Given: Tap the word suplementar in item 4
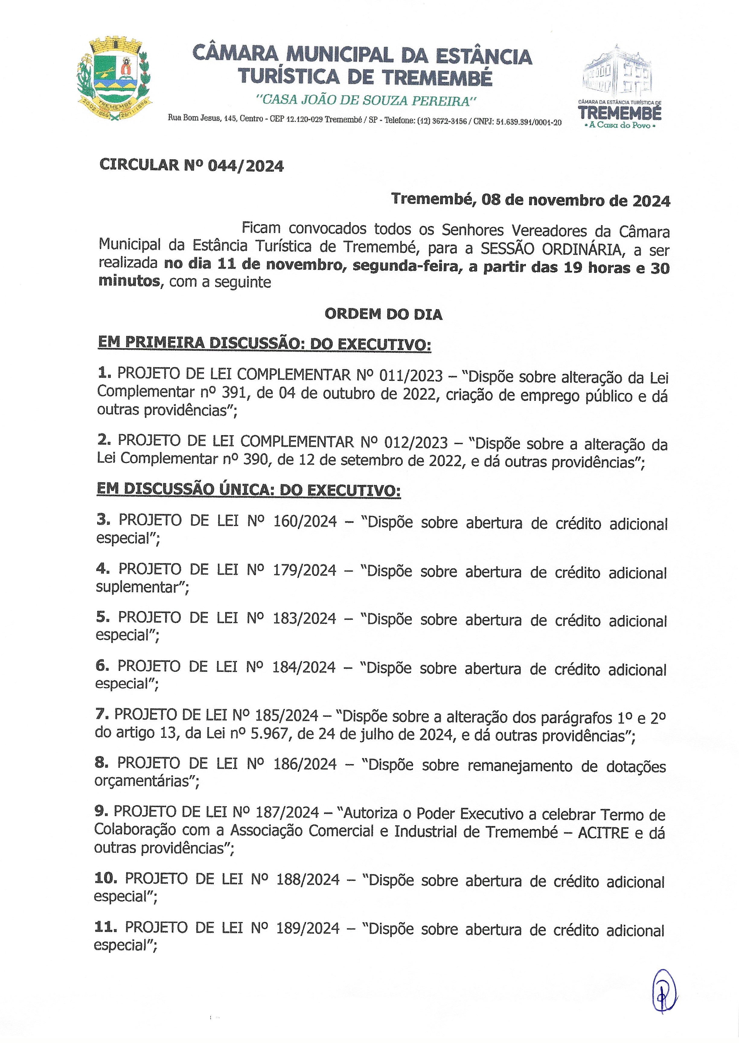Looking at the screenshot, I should (142, 588).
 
